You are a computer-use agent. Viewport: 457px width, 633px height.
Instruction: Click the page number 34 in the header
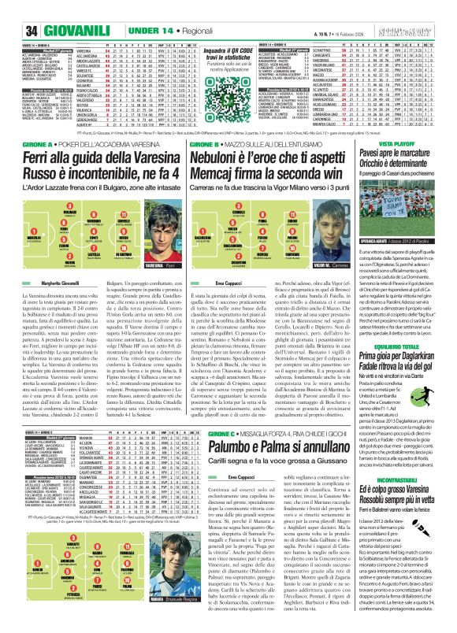[x=11, y=9]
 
